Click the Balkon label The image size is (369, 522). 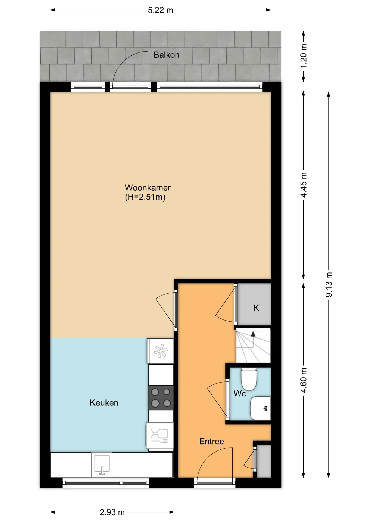coord(166,55)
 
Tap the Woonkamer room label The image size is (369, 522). coord(148,188)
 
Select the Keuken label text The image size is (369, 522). coord(104,403)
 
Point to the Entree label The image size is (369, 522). coord(212,441)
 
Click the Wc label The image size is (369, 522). coord(240,393)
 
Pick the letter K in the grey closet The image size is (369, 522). coord(256,308)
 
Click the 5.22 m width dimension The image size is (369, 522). coord(160,10)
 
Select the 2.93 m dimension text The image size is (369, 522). coord(112,512)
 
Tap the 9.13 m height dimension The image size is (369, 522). coord(329,284)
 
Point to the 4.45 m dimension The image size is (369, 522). coord(304,185)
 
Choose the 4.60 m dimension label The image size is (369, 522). coord(304,380)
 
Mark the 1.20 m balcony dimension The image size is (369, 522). coord(304,56)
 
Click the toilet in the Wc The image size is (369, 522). coord(249,379)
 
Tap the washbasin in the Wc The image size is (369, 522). coord(260,408)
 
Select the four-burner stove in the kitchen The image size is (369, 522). coord(161,397)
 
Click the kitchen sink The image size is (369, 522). coord(102,465)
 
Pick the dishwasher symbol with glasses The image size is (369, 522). coord(160,435)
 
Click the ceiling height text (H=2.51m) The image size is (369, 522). coord(145,197)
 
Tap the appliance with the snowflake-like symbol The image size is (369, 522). coord(160,351)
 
